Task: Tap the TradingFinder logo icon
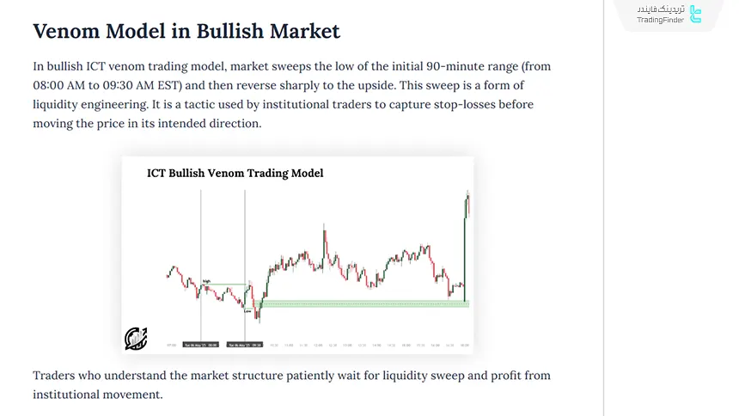point(696,15)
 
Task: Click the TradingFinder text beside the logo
point(661,20)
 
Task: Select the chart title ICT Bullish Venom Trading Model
point(235,173)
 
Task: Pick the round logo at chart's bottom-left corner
point(136,339)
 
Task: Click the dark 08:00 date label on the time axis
point(200,345)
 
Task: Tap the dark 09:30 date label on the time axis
point(245,345)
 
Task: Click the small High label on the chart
point(207,281)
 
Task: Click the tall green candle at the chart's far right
point(465,249)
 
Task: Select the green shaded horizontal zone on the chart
point(361,303)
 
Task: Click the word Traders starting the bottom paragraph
point(55,376)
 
